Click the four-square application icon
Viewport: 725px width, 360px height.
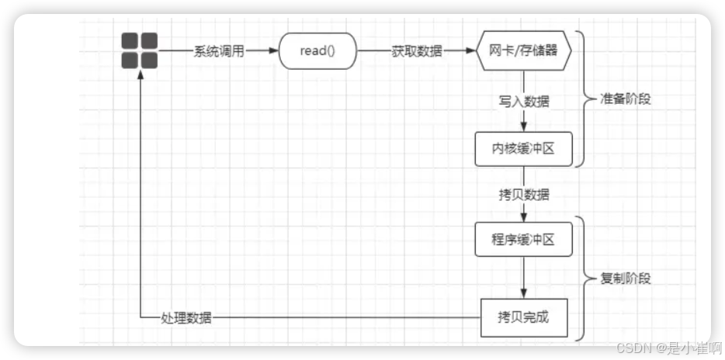coord(139,51)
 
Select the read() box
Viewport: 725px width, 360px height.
coord(317,51)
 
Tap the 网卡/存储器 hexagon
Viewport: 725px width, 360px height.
coord(524,51)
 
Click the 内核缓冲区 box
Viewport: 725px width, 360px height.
coord(524,149)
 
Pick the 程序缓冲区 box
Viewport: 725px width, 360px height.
coord(524,239)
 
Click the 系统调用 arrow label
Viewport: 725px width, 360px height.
coord(219,51)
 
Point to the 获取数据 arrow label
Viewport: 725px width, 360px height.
coord(417,51)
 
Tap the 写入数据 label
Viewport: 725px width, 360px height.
coord(524,101)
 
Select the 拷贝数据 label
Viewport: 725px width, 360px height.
coord(524,193)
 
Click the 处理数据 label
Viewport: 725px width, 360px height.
coord(186,317)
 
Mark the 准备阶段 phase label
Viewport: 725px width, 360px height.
coord(626,100)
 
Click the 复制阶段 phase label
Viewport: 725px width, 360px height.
coord(626,279)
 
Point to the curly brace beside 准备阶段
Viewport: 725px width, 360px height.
coord(584,99)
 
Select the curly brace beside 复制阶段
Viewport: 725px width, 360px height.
coord(584,278)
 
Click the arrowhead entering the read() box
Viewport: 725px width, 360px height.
coord(273,51)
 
